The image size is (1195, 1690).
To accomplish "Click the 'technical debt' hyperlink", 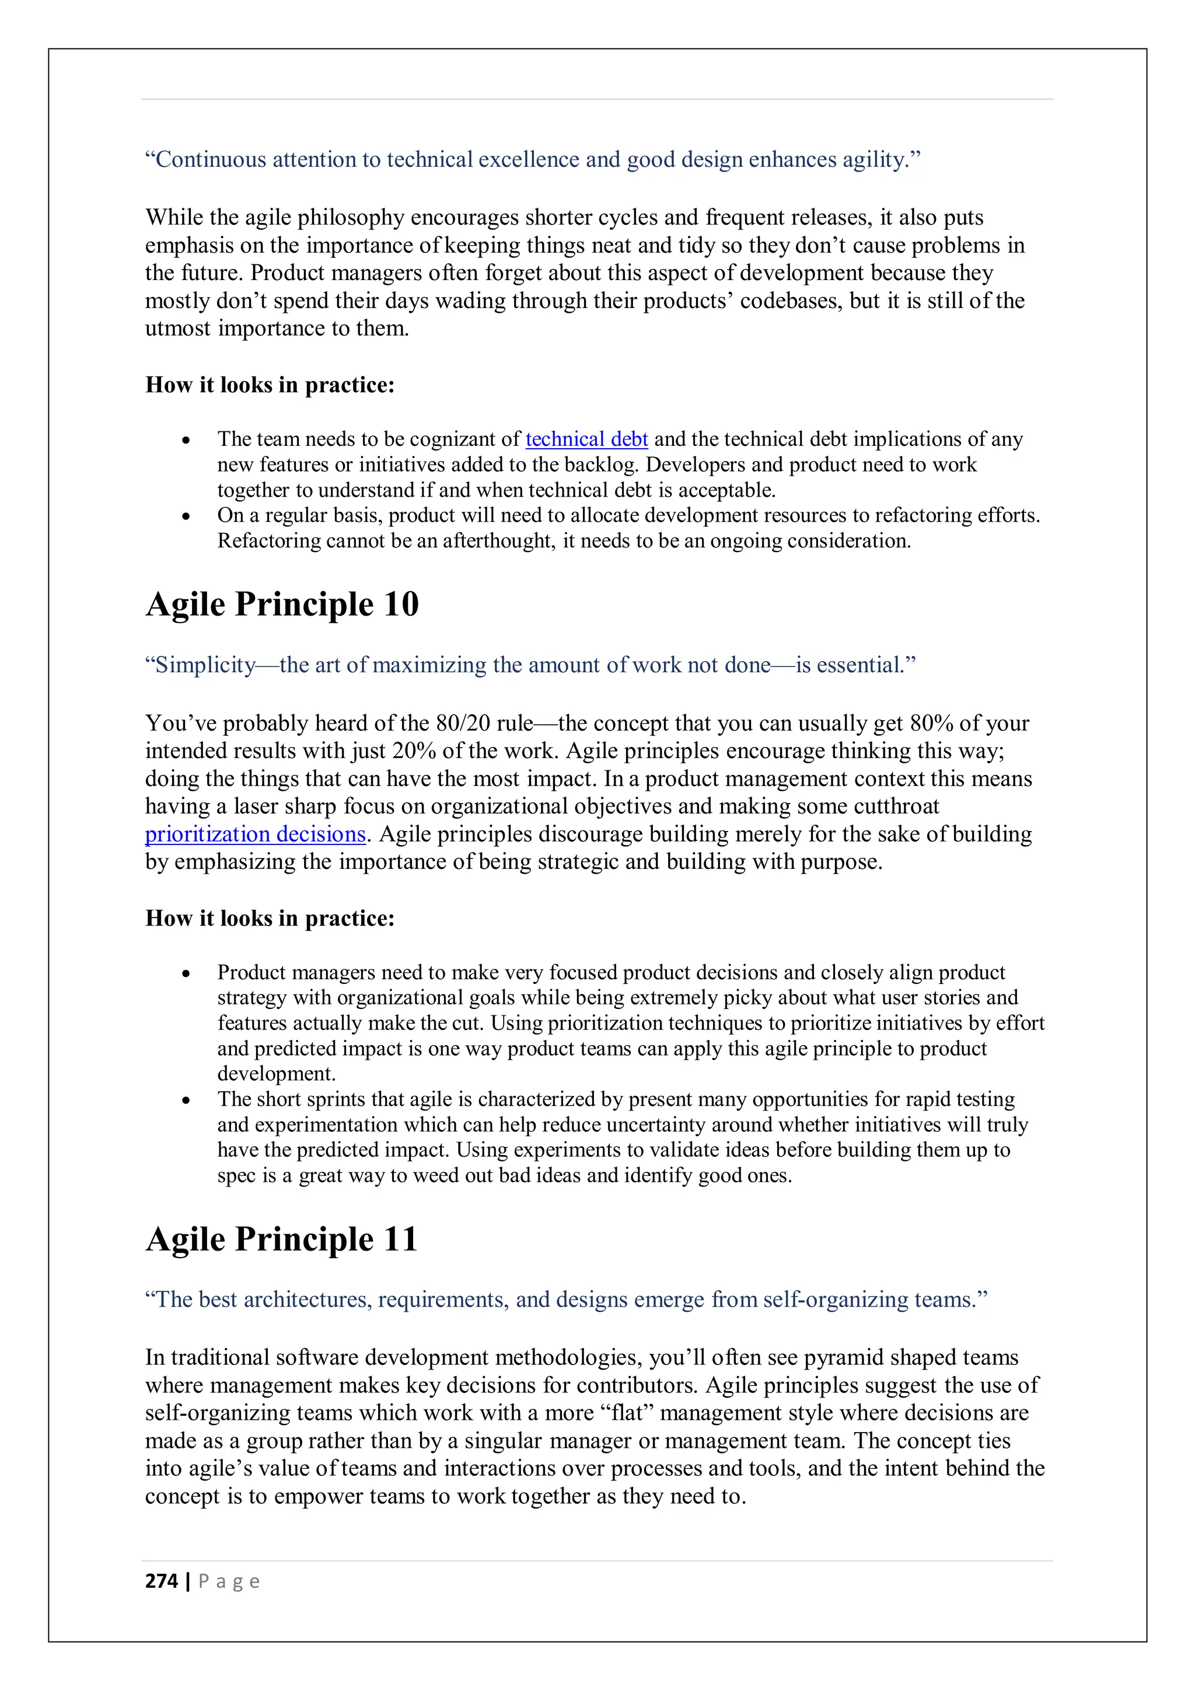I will click(x=586, y=439).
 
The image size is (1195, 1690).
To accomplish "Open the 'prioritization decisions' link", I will click(x=256, y=834).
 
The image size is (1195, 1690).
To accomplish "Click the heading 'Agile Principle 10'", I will click(x=282, y=605).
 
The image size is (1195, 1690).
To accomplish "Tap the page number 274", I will click(x=162, y=1581).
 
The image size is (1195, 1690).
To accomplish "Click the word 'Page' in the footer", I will click(x=229, y=1581).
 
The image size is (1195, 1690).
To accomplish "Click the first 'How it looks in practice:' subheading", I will click(x=270, y=385).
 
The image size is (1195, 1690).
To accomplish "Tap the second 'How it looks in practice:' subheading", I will click(x=270, y=919).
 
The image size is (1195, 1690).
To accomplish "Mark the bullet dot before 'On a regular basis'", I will click(x=186, y=516).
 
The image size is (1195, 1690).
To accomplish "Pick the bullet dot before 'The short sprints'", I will click(x=186, y=1101).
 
